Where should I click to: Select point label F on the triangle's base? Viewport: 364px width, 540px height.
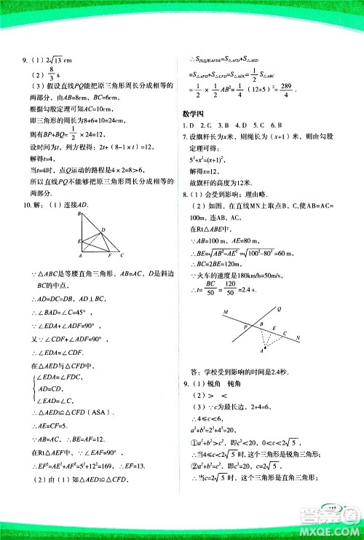(108, 256)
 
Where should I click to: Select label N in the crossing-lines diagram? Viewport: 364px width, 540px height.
(297, 337)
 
